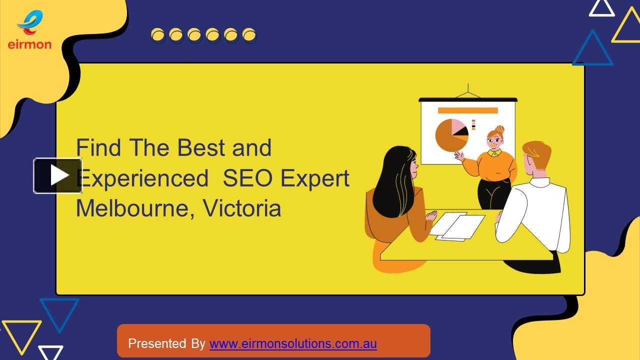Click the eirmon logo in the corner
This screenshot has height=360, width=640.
29,30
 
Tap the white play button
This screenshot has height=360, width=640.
58,175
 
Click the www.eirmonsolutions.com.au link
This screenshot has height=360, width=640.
293,344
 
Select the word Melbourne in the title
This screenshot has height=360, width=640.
128,208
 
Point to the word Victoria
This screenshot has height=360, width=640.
242,208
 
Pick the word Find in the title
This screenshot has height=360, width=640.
98,148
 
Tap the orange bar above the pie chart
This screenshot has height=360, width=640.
467,110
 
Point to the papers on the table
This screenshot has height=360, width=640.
457,226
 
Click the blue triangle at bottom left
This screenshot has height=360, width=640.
59,311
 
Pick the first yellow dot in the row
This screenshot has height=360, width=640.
158,35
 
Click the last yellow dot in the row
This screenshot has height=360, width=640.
249,35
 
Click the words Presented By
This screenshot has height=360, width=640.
166,344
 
